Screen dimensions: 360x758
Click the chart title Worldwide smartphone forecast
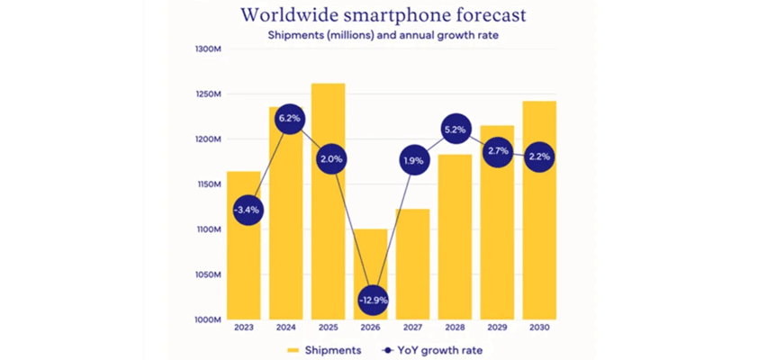click(384, 15)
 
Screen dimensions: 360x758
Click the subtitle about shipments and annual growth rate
click(384, 35)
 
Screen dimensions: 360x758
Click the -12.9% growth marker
click(373, 298)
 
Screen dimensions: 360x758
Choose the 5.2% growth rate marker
click(455, 130)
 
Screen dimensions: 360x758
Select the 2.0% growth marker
click(329, 159)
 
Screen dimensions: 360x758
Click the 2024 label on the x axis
click(286, 328)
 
